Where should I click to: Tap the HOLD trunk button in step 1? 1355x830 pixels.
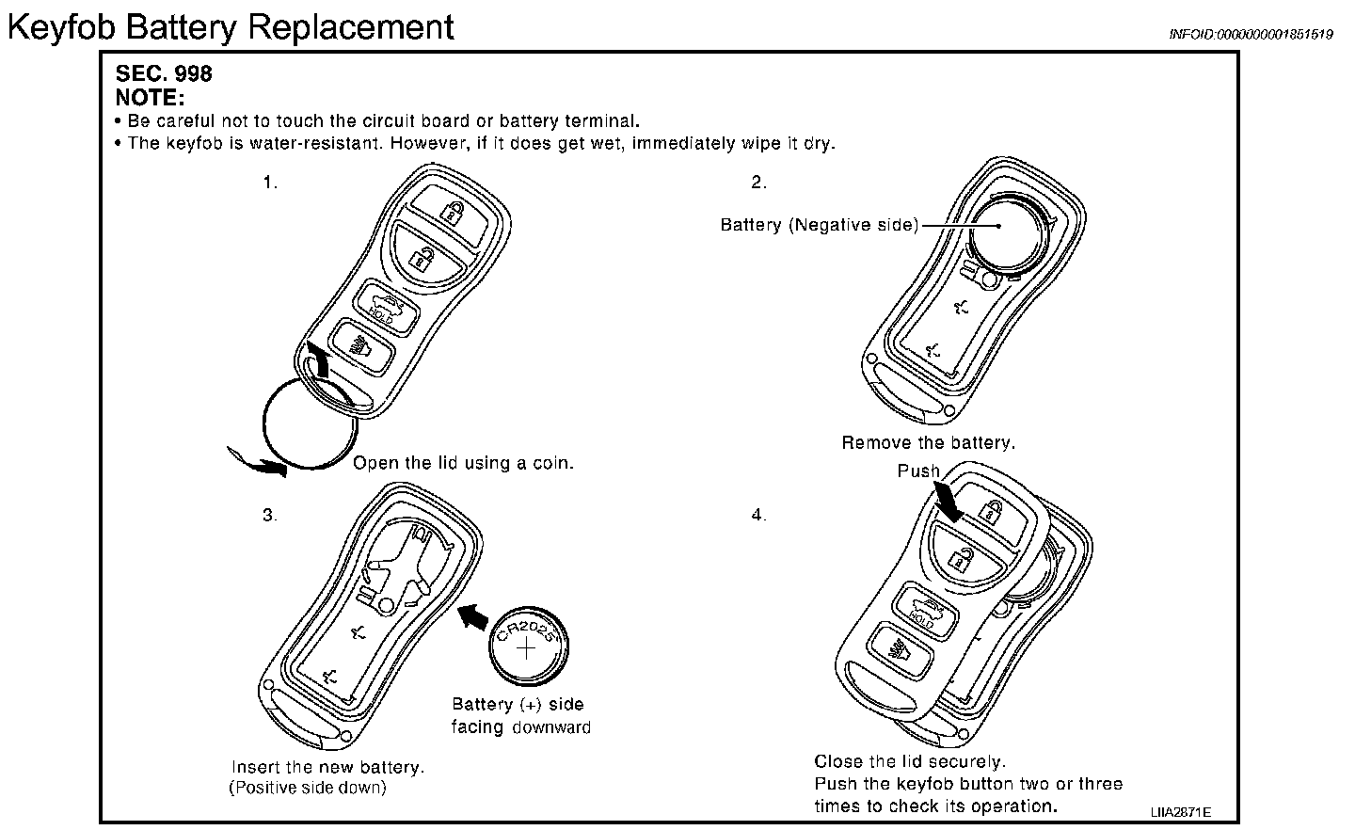383,306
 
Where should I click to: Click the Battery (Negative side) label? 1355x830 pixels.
819,225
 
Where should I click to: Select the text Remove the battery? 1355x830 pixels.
928,442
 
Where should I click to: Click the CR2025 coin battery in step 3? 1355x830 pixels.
529,649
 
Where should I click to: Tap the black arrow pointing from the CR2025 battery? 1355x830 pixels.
474,616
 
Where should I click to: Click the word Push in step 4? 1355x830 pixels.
918,471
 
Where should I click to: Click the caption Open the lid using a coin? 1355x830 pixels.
463,463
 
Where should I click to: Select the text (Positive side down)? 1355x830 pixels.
308,788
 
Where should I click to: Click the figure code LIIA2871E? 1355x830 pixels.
1179,811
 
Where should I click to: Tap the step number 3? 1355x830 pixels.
270,515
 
